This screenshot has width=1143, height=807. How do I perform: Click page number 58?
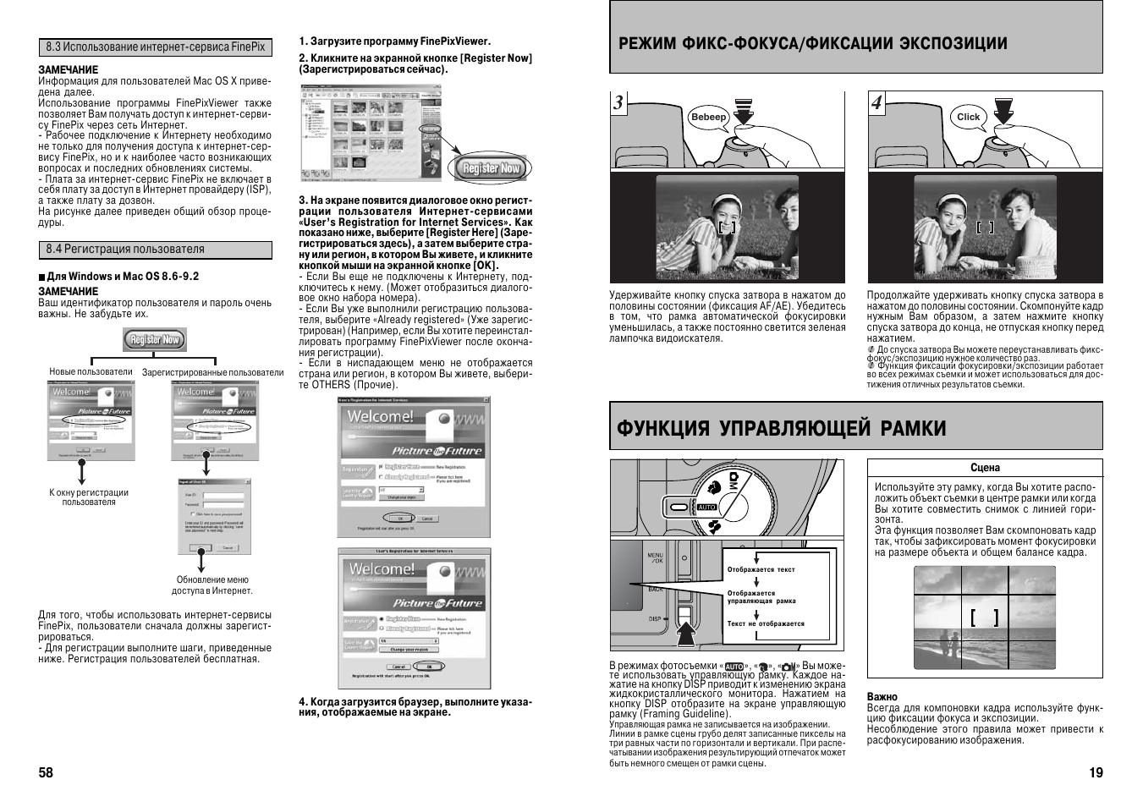pos(46,772)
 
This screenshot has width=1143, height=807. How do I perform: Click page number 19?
pos(1096,772)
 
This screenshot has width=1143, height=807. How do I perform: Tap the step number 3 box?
pos(620,102)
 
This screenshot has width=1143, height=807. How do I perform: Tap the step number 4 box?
pos(877,102)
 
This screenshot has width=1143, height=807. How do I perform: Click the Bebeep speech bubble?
pos(708,118)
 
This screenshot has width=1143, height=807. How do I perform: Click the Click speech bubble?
pos(968,118)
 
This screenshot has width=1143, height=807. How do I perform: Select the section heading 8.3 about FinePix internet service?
pos(155,47)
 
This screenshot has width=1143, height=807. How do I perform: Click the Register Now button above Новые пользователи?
pos(155,340)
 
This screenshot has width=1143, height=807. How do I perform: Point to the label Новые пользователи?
pos(91,372)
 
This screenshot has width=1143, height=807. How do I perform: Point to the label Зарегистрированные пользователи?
pos(212,372)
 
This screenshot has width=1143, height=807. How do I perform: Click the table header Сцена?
pos(985,468)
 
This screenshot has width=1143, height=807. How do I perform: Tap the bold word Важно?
pos(882,697)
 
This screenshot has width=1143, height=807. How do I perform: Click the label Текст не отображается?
pos(765,623)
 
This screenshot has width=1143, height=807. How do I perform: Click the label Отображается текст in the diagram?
pos(761,569)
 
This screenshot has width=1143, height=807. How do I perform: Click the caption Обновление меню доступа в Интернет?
pos(212,585)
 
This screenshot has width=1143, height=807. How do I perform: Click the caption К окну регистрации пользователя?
pos(89,497)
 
